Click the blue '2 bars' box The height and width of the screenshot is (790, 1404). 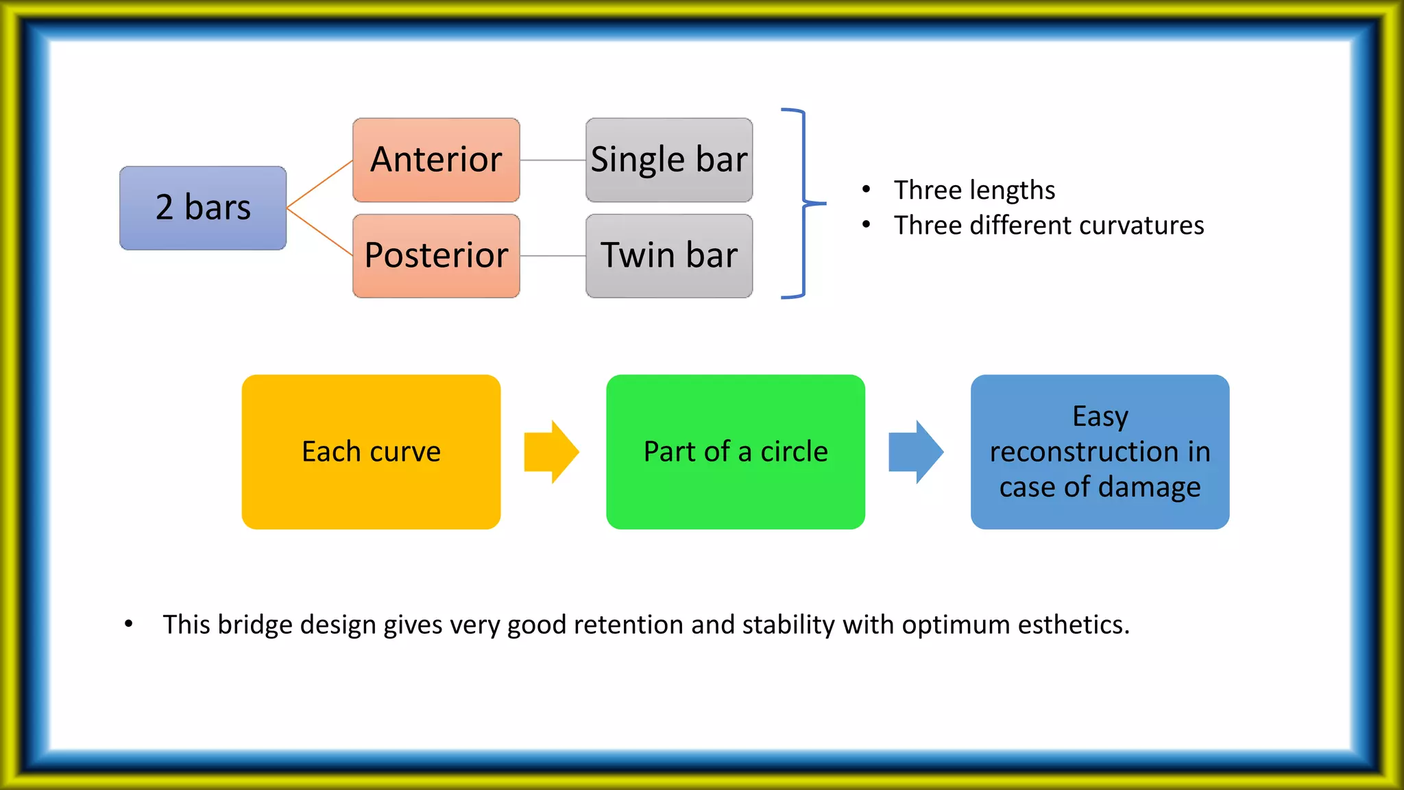click(x=203, y=208)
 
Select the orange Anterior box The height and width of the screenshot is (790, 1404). click(x=436, y=160)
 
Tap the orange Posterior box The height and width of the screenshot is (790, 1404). click(x=436, y=256)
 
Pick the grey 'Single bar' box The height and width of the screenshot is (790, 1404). click(x=669, y=160)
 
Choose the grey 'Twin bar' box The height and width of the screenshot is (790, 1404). click(x=669, y=256)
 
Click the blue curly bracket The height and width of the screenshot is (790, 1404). click(x=803, y=203)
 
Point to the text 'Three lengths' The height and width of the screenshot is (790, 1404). click(x=974, y=190)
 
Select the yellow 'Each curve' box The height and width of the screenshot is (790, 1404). click(x=371, y=452)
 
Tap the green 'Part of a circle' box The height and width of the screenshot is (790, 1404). click(x=736, y=452)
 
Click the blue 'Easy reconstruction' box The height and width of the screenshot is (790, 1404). click(x=1100, y=452)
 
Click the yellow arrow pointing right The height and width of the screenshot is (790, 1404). click(x=551, y=452)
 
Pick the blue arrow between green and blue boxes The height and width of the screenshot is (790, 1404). click(x=916, y=452)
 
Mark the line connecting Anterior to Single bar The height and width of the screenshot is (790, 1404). click(x=553, y=160)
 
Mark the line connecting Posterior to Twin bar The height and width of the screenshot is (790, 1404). click(x=553, y=256)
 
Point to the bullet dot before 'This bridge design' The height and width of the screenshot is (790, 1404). click(x=128, y=624)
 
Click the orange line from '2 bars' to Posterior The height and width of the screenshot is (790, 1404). click(x=319, y=232)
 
